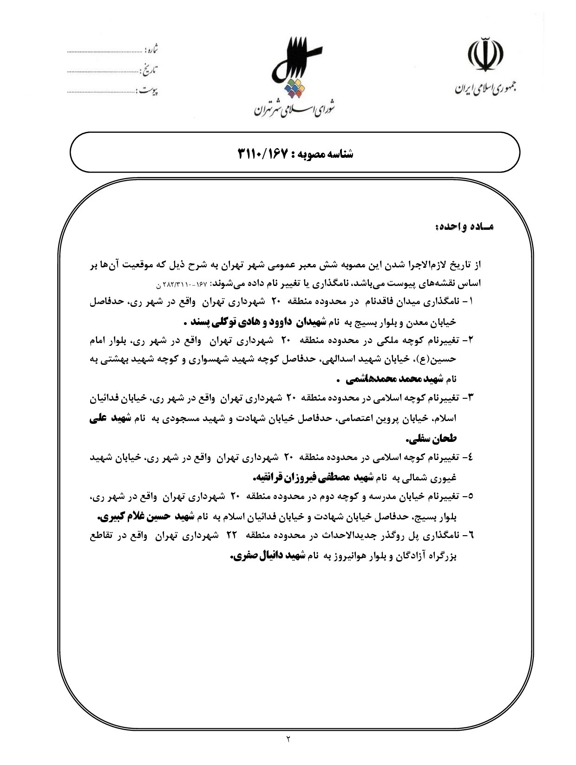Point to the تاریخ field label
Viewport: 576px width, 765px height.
click(x=149, y=71)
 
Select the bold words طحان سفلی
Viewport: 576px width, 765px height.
click(x=431, y=439)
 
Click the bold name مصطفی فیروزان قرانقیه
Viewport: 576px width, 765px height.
click(x=300, y=477)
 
